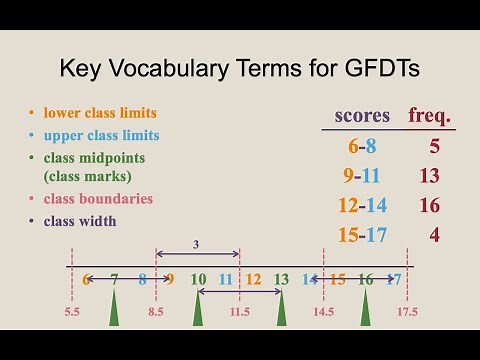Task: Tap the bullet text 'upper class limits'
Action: pyautogui.click(x=100, y=135)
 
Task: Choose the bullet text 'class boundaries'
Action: pyautogui.click(x=97, y=198)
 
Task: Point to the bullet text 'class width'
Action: pyautogui.click(x=79, y=221)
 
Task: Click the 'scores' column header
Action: pyautogui.click(x=361, y=115)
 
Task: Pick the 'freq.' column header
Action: pyautogui.click(x=431, y=115)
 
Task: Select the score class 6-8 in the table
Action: pyautogui.click(x=361, y=146)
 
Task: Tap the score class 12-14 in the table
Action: pyautogui.click(x=361, y=206)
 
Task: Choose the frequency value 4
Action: pyautogui.click(x=434, y=236)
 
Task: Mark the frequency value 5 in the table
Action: pyautogui.click(x=434, y=146)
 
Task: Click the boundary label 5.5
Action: pyautogui.click(x=71, y=313)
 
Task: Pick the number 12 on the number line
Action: pyautogui.click(x=253, y=279)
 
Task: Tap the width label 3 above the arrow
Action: pyautogui.click(x=197, y=243)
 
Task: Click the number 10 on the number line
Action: pyautogui.click(x=198, y=279)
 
